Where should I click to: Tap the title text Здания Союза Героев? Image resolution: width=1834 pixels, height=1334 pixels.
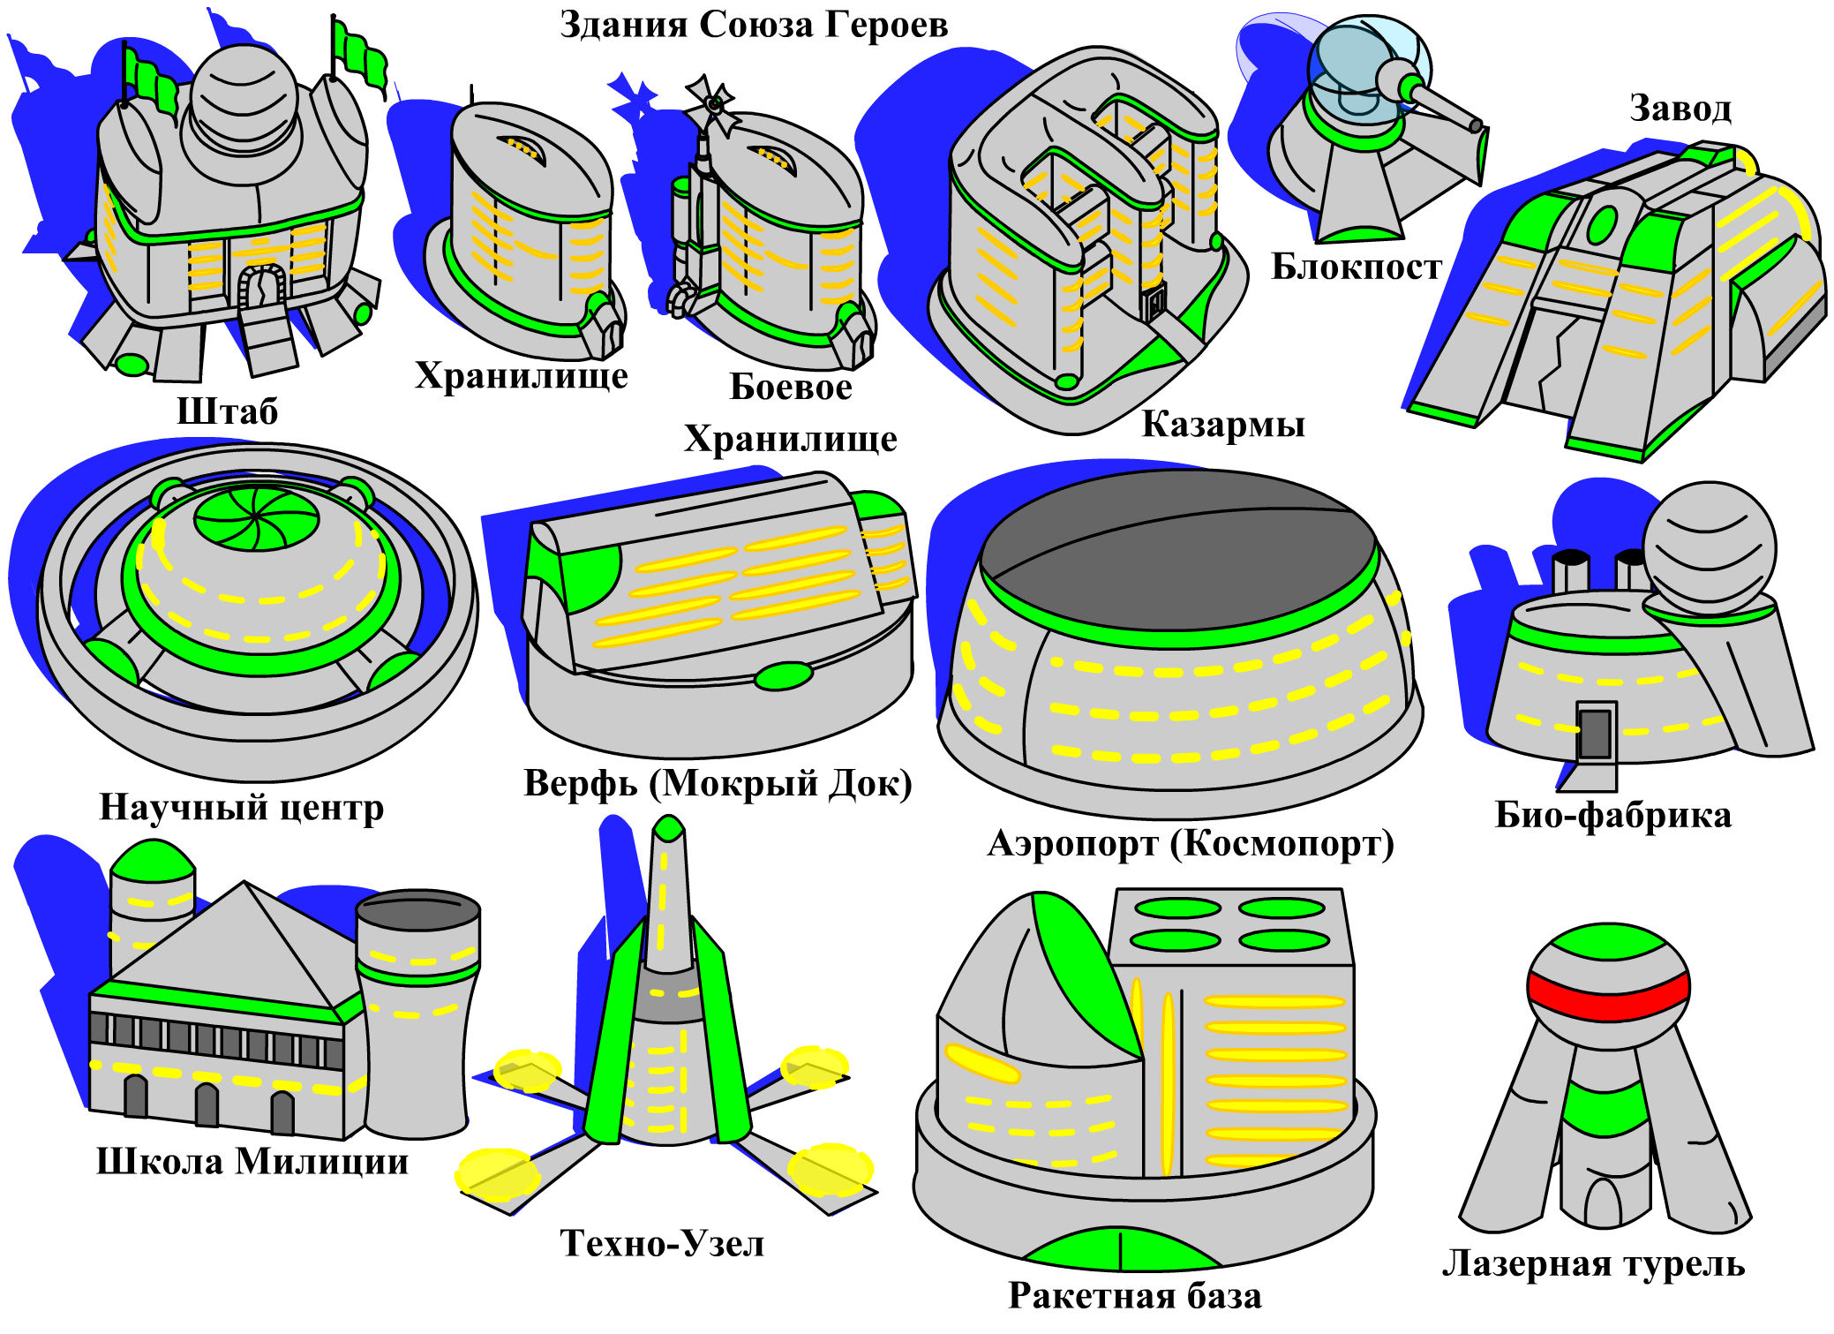754,25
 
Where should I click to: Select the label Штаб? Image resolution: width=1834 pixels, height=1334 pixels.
227,411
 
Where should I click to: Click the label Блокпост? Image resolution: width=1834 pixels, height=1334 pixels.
1356,267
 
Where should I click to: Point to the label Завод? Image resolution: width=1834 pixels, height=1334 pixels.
1680,108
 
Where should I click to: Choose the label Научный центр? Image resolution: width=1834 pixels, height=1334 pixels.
241,807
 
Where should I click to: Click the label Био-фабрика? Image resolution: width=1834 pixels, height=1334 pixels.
1612,815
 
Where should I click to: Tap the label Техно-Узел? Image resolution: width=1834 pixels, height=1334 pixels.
662,1243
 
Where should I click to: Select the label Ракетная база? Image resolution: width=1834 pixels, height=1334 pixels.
1134,1295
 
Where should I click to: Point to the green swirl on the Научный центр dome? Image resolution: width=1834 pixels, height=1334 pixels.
256,516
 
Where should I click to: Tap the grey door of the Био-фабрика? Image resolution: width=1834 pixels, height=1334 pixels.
1594,733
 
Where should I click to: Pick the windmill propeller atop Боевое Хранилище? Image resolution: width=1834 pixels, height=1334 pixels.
711,104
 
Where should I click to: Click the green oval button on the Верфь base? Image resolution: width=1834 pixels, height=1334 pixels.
783,676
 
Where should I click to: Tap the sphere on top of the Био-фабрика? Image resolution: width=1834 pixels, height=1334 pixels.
1709,547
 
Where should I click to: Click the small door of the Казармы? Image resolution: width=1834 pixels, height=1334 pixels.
1153,305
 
